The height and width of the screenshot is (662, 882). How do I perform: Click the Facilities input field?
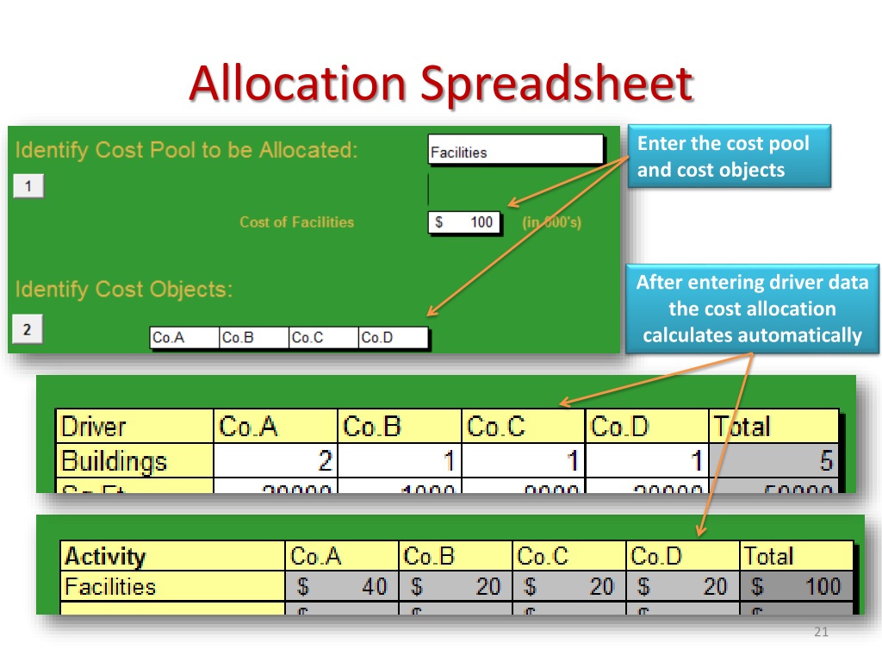point(515,152)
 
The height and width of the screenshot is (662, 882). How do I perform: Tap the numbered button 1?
point(28,187)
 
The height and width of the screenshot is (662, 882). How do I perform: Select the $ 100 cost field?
point(463,222)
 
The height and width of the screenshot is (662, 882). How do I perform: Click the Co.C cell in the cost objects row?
point(322,338)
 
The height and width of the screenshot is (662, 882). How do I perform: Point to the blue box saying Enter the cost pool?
point(729,155)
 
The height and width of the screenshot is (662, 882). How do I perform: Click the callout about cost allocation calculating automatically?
point(752,309)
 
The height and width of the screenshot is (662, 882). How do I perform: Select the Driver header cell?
point(134,427)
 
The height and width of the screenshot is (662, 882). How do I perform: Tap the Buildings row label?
point(134,461)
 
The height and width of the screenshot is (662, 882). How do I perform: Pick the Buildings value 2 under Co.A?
point(276,461)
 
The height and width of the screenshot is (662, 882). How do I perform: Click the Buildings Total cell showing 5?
point(773,461)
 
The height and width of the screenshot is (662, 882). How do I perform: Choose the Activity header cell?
point(172,556)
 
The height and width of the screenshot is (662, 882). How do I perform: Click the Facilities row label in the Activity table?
point(172,587)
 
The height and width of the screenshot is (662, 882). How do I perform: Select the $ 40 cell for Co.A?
point(341,587)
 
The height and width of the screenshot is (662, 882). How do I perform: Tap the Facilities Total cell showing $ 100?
point(797,587)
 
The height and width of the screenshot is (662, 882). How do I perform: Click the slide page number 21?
point(820,634)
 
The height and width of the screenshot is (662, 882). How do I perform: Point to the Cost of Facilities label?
point(296,222)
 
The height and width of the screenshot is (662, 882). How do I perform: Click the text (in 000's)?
point(552,222)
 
